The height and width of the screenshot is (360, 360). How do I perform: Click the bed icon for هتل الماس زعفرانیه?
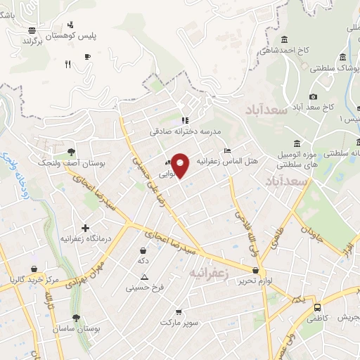[226, 150]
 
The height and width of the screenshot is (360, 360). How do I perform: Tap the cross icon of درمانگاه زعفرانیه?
[86, 228]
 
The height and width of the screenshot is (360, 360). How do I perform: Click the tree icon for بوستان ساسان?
[76, 318]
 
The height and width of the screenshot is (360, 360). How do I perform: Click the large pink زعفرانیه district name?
[212, 270]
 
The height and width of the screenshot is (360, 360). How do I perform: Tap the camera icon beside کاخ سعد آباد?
[313, 96]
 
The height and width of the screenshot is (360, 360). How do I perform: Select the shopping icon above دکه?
[143, 250]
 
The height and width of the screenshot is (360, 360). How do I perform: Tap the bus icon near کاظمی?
[317, 307]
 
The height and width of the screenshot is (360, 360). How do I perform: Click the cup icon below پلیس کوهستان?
[86, 57]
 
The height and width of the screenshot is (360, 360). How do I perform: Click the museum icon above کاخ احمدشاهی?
[285, 39]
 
